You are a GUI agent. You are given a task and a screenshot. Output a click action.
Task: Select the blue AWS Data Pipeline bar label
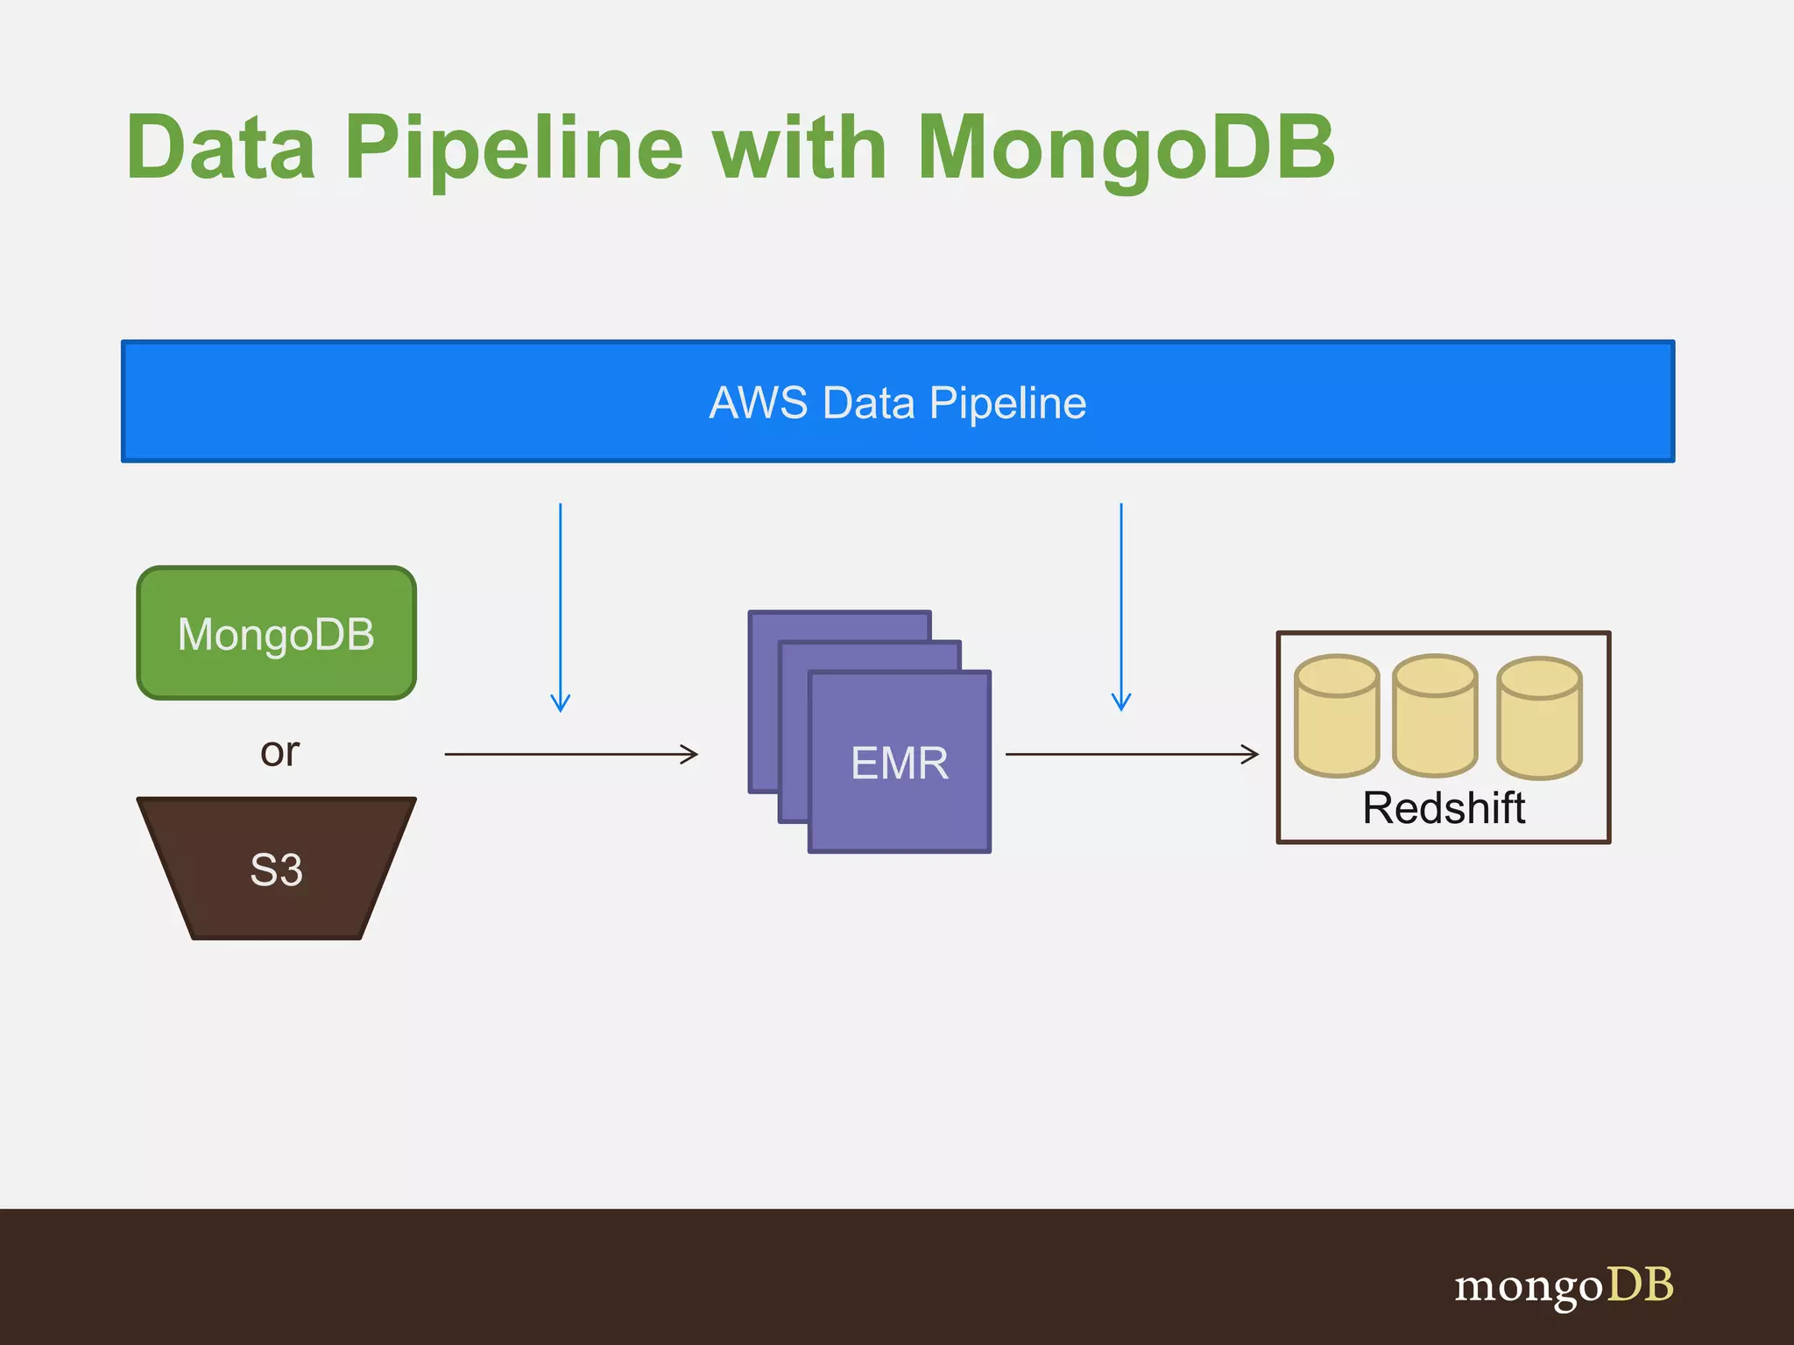click(x=897, y=403)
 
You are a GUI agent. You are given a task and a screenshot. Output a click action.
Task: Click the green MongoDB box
click(x=276, y=633)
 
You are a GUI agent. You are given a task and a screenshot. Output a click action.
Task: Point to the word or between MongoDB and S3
click(x=279, y=752)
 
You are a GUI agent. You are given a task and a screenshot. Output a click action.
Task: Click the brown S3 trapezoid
click(x=276, y=870)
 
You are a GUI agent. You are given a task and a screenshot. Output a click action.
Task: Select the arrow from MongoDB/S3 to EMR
click(x=569, y=754)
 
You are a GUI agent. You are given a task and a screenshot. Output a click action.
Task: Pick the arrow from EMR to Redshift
click(x=1130, y=754)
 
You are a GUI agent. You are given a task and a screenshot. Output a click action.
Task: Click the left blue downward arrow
click(x=561, y=604)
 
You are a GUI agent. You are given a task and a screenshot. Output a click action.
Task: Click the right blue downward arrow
click(x=1121, y=604)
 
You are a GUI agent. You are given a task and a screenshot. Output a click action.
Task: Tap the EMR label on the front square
click(x=900, y=763)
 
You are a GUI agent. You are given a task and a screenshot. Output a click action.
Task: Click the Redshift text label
click(x=1444, y=807)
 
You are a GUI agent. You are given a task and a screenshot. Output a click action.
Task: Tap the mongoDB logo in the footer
click(x=1563, y=1285)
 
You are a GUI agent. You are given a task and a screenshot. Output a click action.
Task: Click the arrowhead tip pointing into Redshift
click(x=1256, y=754)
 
